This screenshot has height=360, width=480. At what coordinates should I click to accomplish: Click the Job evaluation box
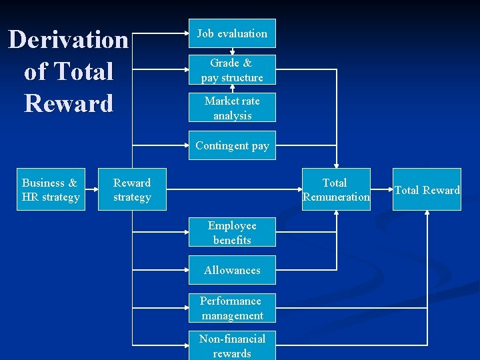[232, 33]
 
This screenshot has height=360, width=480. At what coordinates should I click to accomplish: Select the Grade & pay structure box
[232, 70]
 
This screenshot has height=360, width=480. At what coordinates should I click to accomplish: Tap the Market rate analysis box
[232, 108]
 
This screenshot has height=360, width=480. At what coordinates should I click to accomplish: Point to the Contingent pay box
[232, 146]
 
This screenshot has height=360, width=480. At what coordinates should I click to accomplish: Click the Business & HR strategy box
[51, 190]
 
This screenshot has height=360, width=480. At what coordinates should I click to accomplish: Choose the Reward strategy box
[132, 190]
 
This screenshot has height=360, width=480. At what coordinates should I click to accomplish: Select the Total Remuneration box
[336, 189]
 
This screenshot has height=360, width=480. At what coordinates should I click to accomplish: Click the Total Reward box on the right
[427, 190]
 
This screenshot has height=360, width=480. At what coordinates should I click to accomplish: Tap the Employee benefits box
[232, 233]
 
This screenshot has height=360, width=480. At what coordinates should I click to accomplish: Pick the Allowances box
[232, 270]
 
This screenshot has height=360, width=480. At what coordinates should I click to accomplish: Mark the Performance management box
[232, 308]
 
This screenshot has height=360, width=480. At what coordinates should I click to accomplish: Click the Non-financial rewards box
[232, 345]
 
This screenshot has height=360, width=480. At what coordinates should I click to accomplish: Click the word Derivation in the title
[68, 40]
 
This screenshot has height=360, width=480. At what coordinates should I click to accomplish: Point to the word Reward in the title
[69, 103]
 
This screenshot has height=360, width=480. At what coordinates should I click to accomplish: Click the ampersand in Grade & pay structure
[247, 63]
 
